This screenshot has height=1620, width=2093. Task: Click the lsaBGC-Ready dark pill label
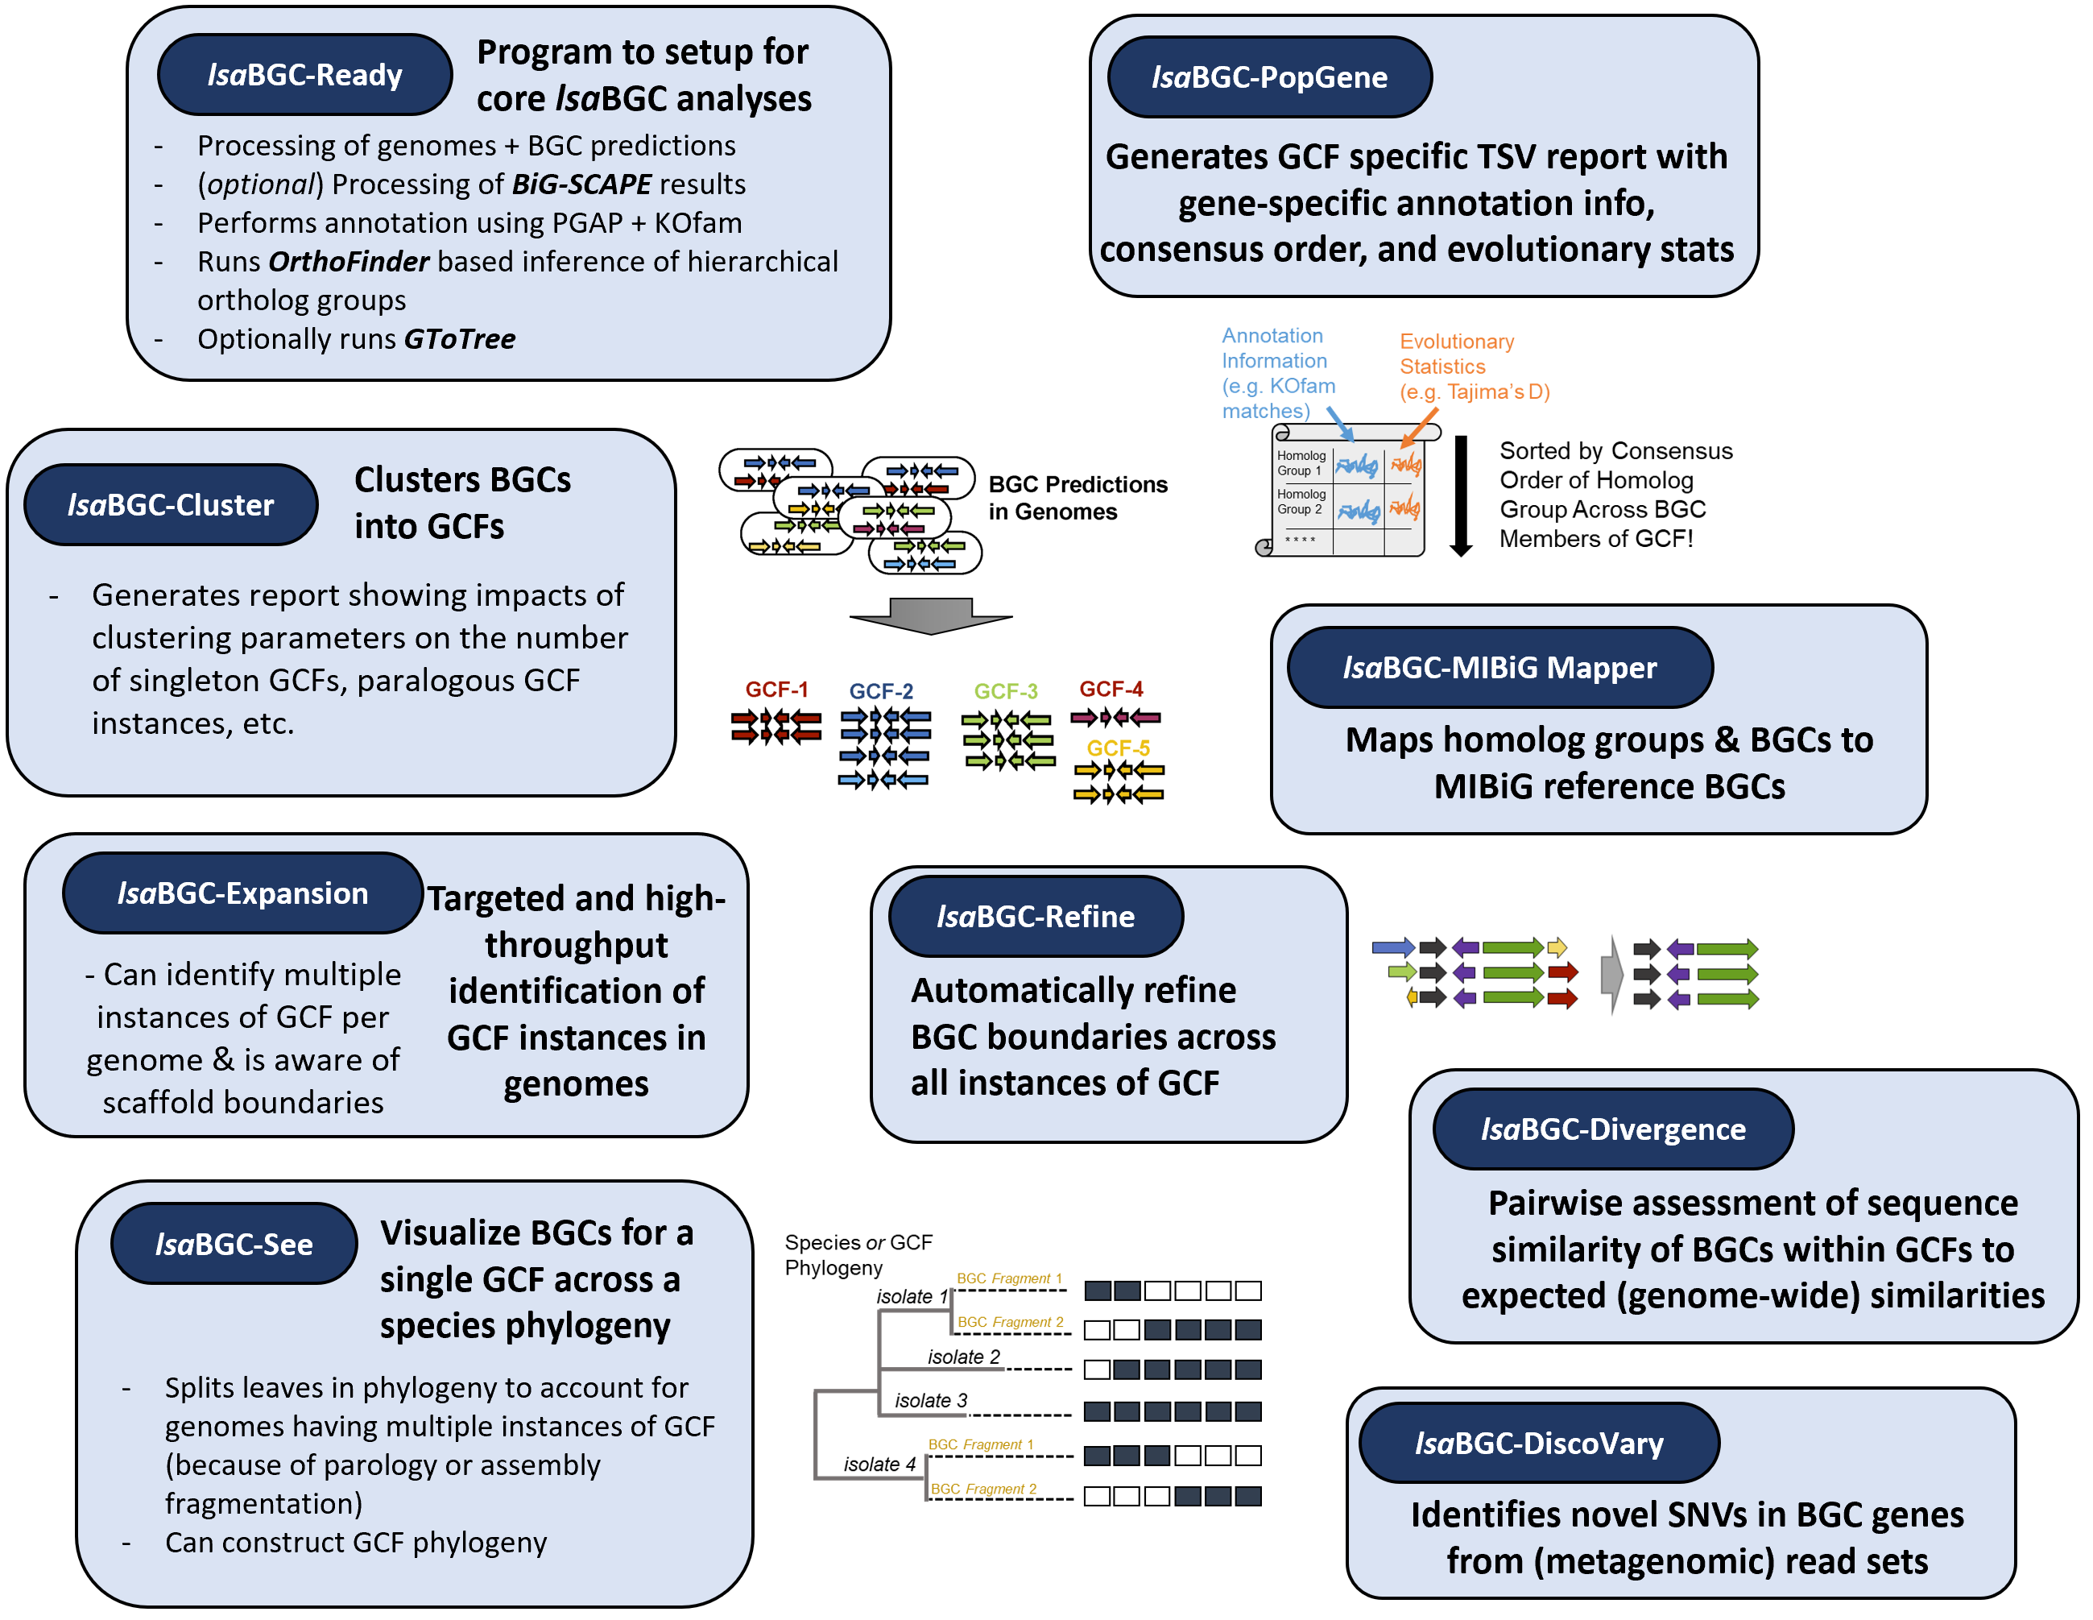pyautogui.click(x=304, y=75)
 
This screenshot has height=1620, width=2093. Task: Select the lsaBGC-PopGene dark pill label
pyautogui.click(x=1269, y=77)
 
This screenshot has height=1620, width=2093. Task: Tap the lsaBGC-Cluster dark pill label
pyautogui.click(x=171, y=505)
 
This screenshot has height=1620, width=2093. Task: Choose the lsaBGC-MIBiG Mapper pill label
pyautogui.click(x=1499, y=667)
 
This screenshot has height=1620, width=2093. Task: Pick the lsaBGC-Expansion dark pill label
pyautogui.click(x=242, y=893)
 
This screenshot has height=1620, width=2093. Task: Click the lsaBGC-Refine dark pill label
pyautogui.click(x=1035, y=917)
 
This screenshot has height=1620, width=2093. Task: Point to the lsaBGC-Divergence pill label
pyautogui.click(x=1612, y=1129)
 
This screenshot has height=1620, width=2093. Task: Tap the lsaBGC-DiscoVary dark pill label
pyautogui.click(x=1538, y=1443)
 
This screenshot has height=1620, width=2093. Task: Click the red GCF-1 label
pyautogui.click(x=776, y=690)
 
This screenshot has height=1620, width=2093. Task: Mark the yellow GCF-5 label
pyautogui.click(x=1118, y=748)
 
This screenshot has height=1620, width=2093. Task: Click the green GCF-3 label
pyautogui.click(x=1005, y=691)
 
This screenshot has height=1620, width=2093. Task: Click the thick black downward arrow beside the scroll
pyautogui.click(x=1461, y=495)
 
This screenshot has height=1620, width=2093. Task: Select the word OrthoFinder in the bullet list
pyautogui.click(x=349, y=262)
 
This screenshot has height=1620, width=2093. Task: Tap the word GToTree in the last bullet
pyautogui.click(x=459, y=339)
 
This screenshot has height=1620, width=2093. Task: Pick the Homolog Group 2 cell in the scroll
pyautogui.click(x=1301, y=501)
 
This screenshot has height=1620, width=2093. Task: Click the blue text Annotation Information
pyautogui.click(x=1274, y=348)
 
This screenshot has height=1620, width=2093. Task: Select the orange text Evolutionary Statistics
pyautogui.click(x=1456, y=354)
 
